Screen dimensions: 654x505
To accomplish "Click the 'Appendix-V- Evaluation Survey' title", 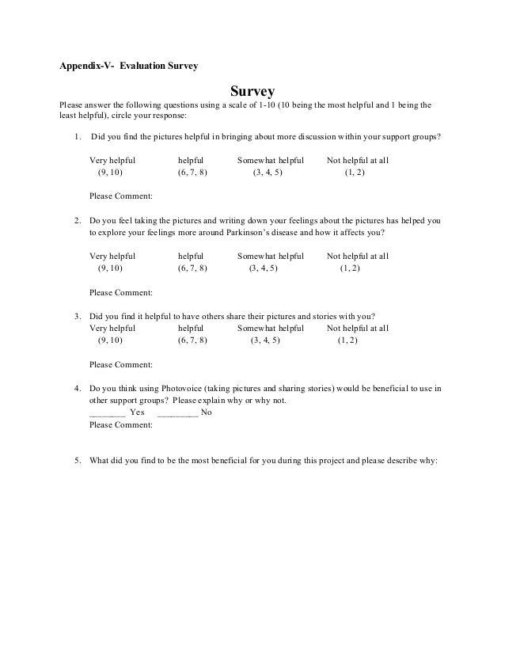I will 130,64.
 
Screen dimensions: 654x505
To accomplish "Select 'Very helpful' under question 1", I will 112,160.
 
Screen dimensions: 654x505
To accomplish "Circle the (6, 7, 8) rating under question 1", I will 192,172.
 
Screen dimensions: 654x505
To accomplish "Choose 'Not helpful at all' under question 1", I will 358,160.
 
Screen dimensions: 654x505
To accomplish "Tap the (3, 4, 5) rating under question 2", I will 263,268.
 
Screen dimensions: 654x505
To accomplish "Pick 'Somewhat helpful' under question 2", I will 271,257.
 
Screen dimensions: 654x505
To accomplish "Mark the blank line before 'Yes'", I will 107,413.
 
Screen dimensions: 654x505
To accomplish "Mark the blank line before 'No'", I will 177,413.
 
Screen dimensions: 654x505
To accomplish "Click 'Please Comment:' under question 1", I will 121,196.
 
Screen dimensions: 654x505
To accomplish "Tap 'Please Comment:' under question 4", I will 121,424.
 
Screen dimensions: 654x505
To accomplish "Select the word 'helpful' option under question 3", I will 191,328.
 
